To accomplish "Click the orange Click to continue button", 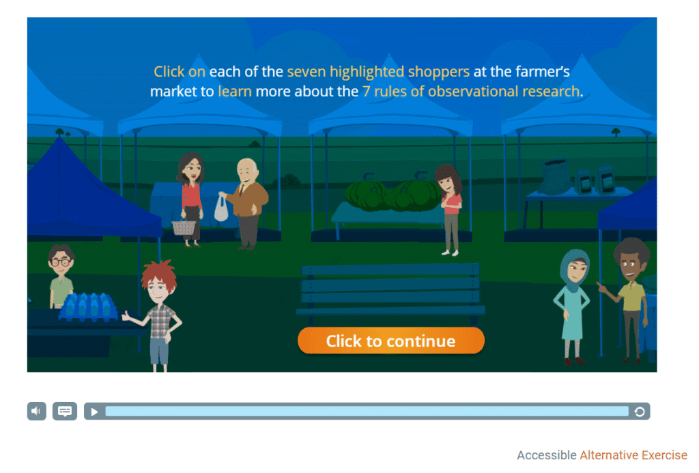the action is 391,340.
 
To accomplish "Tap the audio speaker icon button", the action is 37,411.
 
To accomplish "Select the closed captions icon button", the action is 65,411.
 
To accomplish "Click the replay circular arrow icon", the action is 640,411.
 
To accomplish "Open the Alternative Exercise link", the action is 633,455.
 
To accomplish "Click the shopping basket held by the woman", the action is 184,228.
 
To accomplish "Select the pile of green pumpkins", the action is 393,195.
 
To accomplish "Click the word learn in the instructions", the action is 235,92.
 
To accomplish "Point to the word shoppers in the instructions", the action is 439,72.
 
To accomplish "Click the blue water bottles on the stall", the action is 88,307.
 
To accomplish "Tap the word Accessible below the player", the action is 547,455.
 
